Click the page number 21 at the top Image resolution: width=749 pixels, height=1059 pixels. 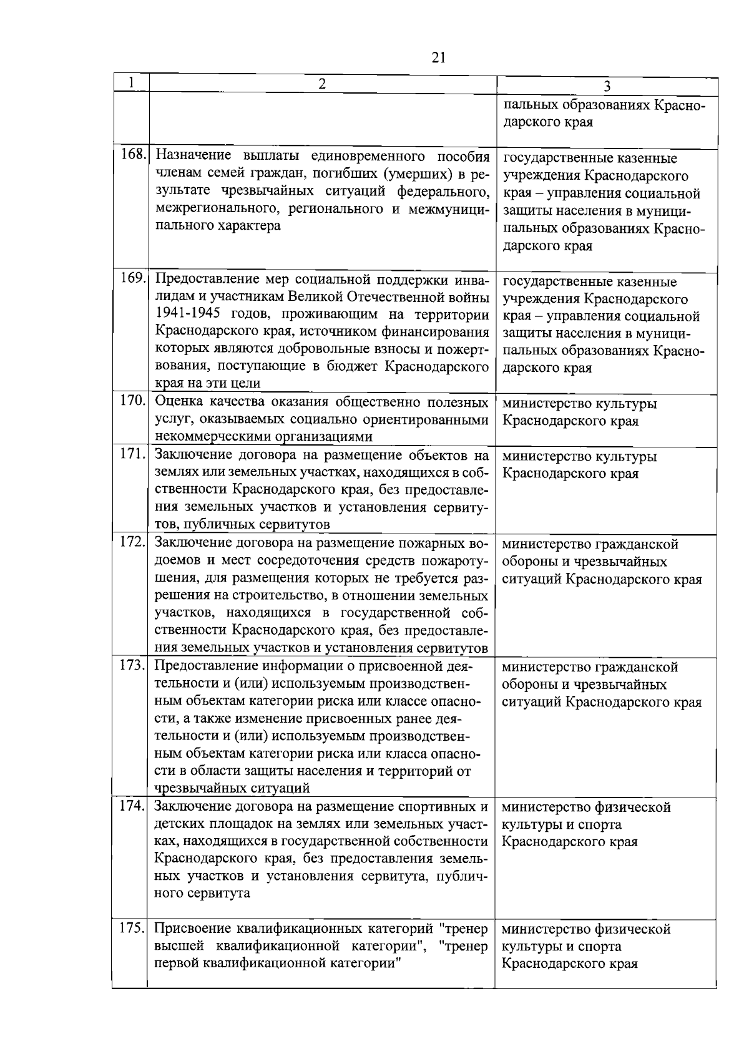pos(438,57)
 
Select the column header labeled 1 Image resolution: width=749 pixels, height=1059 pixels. pos(131,83)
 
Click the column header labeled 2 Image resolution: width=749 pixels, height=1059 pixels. pos(322,84)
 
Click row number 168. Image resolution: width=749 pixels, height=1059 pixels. pos(132,154)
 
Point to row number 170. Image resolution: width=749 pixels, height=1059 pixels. pos(132,400)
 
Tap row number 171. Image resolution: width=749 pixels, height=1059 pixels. pos(132,453)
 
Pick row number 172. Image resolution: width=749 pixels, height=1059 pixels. pos(132,541)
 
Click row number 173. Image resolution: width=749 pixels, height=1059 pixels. pos(132,665)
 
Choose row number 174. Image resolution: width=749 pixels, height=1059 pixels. pos(132,805)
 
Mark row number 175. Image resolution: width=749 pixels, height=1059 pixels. pos(132,928)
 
